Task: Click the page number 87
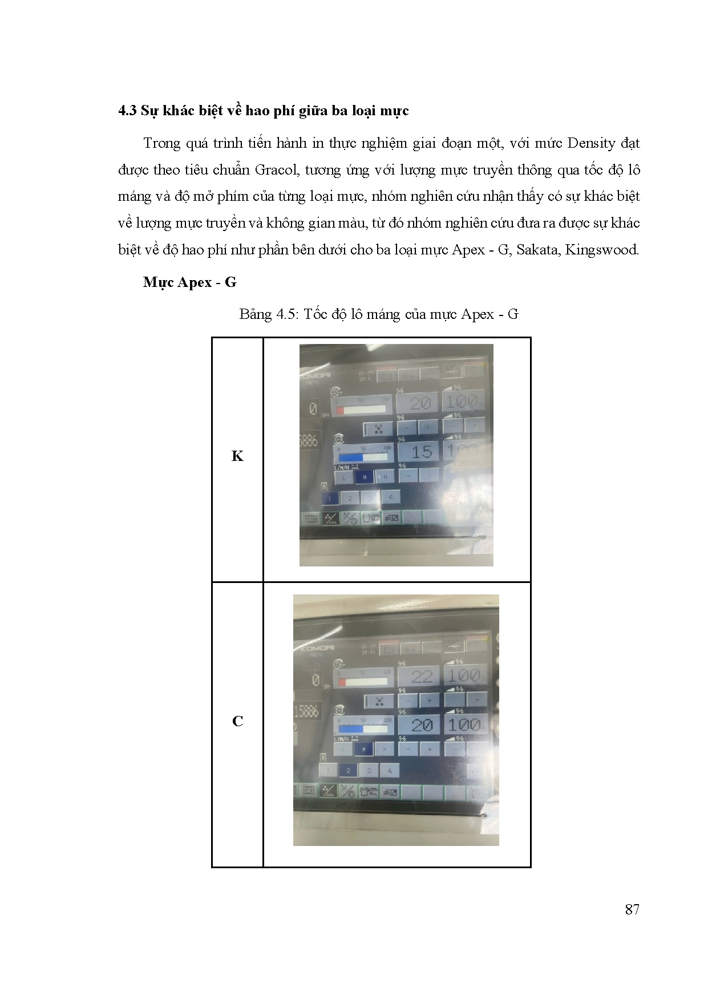632,909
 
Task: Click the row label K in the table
237,456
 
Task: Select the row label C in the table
237,721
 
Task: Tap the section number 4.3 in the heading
127,111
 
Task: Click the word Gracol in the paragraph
278,170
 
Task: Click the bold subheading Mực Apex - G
189,282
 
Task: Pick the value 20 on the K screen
420,403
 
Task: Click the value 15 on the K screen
422,452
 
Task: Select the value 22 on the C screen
422,677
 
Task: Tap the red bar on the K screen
341,410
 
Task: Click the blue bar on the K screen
351,458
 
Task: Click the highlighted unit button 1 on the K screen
330,498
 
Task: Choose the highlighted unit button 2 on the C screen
348,770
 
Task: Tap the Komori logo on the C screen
314,647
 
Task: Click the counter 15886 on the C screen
306,711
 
